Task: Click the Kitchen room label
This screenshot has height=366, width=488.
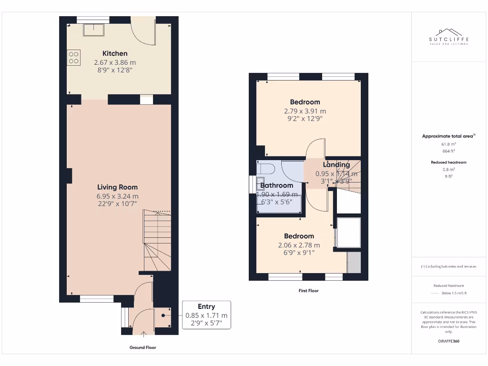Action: [x=115, y=53]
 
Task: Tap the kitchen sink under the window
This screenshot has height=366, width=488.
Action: [x=93, y=30]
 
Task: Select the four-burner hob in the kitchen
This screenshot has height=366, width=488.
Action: [x=74, y=58]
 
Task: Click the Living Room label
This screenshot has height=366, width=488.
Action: [x=117, y=187]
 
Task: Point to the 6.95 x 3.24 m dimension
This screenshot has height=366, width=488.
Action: [x=117, y=196]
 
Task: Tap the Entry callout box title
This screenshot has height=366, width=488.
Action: [x=206, y=306]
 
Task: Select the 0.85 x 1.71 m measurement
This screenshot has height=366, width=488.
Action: [x=206, y=315]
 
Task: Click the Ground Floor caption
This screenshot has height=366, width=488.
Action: [x=142, y=347]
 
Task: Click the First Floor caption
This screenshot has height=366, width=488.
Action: [x=308, y=290]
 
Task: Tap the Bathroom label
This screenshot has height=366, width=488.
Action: [x=276, y=185]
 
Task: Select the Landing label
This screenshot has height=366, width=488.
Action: [x=336, y=165]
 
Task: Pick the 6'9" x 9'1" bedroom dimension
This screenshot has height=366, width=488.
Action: [x=299, y=253]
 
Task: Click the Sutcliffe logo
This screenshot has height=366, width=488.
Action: [x=448, y=36]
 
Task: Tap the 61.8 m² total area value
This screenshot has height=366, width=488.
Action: [x=448, y=143]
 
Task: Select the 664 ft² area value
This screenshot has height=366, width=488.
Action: [x=448, y=151]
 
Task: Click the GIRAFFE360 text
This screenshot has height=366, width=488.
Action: [x=448, y=341]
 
